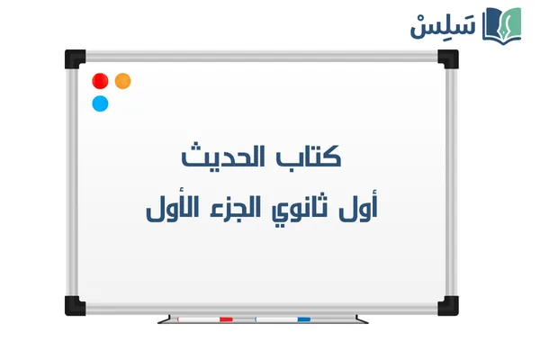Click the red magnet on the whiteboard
coord(101,81)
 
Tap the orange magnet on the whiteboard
coord(123,81)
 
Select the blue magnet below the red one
coord(101,103)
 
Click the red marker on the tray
coord(206,319)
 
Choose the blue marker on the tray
coord(283,319)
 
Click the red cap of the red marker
coord(226,319)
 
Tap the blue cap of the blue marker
coord(303,319)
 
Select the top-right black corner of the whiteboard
coord(447,59)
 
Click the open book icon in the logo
coord(501,23)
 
